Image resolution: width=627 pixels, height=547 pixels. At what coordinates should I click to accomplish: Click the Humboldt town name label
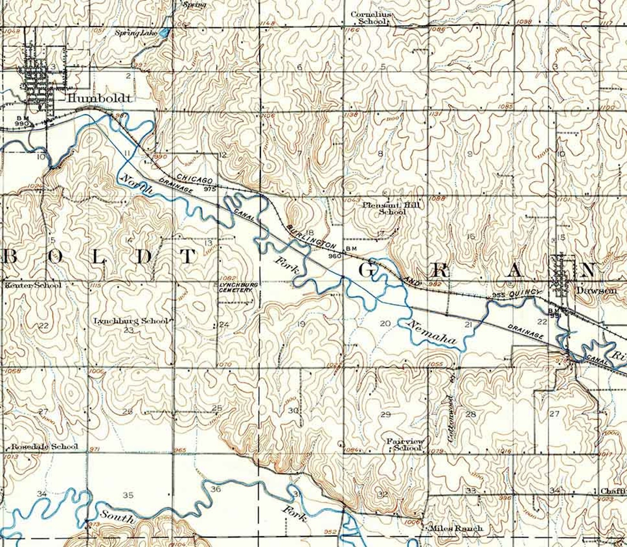(98, 98)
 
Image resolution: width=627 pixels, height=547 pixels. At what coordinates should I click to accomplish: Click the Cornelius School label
(372, 18)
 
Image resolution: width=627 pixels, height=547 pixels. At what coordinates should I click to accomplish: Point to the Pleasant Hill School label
(391, 208)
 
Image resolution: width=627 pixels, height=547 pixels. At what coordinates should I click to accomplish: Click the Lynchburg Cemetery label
(238, 287)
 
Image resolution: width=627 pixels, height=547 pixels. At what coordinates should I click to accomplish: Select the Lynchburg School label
(131, 321)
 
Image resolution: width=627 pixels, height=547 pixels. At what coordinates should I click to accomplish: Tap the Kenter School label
(32, 285)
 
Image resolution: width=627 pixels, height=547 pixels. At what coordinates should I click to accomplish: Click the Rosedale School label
(44, 447)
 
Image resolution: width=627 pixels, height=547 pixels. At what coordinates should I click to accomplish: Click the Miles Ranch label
(456, 528)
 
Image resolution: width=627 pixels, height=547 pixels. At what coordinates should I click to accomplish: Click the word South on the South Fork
(117, 516)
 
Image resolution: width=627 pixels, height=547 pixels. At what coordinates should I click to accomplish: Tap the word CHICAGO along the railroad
(195, 179)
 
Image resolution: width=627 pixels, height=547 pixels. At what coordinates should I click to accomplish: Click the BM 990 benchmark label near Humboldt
(22, 121)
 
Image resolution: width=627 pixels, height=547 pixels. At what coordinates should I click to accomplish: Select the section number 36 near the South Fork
(216, 489)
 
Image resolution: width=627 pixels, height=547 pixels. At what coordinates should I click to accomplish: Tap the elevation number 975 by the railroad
(210, 189)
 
